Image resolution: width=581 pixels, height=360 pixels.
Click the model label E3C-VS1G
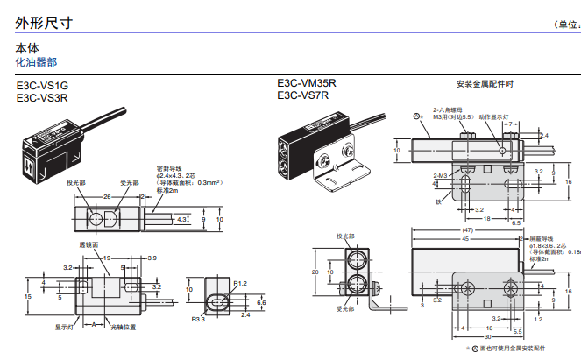pos(42,86)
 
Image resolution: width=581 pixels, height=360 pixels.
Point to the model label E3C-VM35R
pos(306,84)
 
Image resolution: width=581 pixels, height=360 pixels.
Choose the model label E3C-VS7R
pos(302,95)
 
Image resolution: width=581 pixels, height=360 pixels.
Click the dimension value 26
pos(108,197)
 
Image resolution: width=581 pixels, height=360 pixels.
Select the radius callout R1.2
pos(242,283)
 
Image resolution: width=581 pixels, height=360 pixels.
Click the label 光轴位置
pos(122,327)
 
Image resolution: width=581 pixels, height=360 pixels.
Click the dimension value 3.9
pos(152,258)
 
